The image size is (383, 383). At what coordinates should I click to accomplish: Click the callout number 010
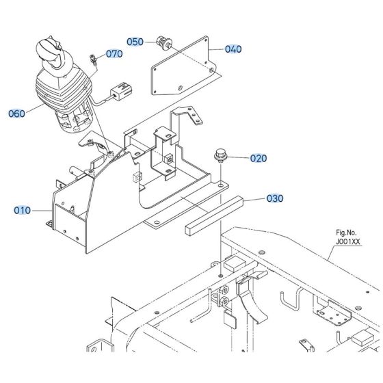22,211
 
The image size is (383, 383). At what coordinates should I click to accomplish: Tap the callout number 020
258,158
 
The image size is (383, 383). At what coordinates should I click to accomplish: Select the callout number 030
274,199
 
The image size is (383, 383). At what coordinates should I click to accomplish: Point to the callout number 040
233,49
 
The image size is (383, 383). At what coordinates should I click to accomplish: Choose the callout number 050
135,42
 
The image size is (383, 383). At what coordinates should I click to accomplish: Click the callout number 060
16,114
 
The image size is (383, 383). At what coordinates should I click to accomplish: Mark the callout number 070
114,53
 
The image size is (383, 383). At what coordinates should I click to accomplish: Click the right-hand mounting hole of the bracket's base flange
220,183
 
